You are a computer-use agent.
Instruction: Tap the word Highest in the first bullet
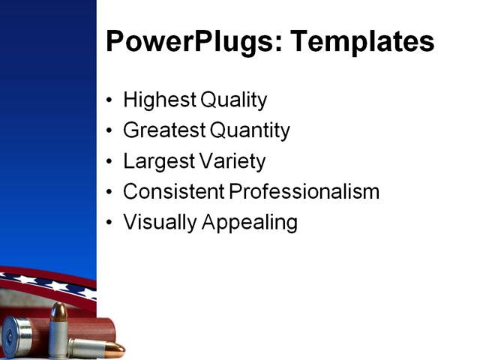(x=158, y=100)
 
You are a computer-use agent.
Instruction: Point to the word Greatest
(x=163, y=130)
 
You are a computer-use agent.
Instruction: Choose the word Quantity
(x=250, y=130)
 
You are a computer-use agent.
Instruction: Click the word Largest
(x=156, y=161)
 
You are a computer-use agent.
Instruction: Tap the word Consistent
(x=173, y=192)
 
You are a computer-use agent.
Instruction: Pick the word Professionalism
(x=304, y=192)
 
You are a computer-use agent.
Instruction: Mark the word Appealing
(x=250, y=223)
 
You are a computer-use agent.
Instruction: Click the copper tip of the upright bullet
(x=58, y=310)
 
